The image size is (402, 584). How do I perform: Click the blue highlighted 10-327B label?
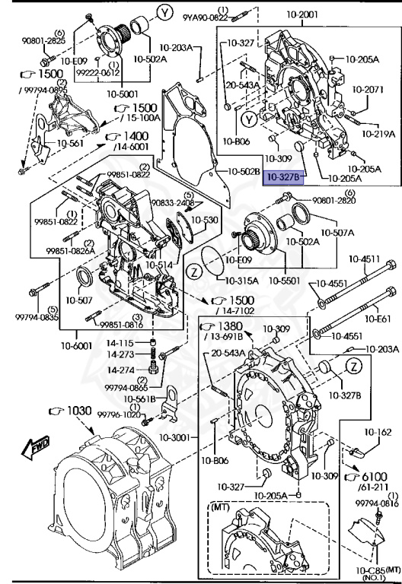point(283,179)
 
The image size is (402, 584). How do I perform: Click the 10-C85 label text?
point(368,570)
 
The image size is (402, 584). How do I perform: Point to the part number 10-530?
point(204,220)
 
